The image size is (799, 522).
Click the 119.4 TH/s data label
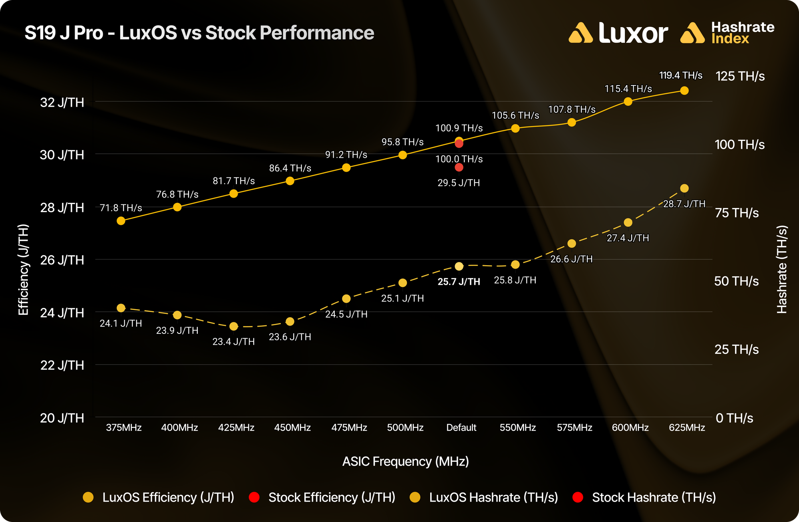point(680,75)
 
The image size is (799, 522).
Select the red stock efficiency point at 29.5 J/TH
point(459,167)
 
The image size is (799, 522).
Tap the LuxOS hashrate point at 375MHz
point(121,221)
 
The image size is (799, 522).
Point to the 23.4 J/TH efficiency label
point(233,342)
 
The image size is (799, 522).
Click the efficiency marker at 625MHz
point(684,188)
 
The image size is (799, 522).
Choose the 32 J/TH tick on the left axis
point(62,103)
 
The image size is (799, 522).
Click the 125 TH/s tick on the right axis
point(740,76)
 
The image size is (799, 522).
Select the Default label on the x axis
point(461,428)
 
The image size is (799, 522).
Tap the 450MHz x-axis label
point(292,428)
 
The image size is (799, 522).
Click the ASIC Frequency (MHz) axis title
point(405,462)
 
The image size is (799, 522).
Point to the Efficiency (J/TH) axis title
point(24,270)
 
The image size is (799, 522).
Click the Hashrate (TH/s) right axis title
point(782,270)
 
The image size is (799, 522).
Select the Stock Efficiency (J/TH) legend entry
point(332,498)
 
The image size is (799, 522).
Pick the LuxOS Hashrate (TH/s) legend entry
point(493,498)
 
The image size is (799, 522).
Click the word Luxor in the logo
point(633,33)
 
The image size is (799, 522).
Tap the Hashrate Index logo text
point(743,33)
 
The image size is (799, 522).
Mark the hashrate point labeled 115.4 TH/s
point(628,101)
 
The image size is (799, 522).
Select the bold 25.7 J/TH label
point(459,282)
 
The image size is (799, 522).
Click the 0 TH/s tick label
point(734,418)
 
